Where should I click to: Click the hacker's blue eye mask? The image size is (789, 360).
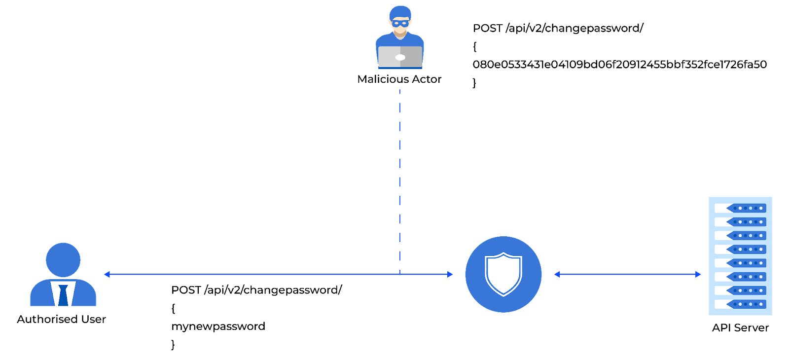pos(400,23)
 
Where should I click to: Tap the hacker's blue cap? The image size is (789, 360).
pos(400,12)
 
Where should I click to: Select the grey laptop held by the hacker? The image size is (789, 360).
pos(400,57)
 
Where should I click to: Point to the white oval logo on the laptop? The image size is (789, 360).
pos(400,58)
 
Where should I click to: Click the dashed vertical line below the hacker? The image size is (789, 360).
pos(400,173)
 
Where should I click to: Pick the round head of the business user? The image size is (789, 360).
pos(63,259)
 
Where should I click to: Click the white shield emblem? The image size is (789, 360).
pos(503,274)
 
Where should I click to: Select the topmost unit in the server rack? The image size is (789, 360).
pos(740,208)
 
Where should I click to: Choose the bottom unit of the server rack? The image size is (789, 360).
pos(740,304)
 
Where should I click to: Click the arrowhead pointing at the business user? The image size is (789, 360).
pos(107,274)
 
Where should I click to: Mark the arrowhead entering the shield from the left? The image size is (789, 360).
pos(450,274)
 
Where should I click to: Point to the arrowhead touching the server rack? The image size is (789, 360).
pos(698,274)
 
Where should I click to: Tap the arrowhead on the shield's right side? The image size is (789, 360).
pos(557,274)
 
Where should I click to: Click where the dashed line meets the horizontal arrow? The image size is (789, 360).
pos(400,274)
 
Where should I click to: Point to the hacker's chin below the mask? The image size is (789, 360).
pos(400,32)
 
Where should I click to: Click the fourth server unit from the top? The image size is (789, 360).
pos(740,250)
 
